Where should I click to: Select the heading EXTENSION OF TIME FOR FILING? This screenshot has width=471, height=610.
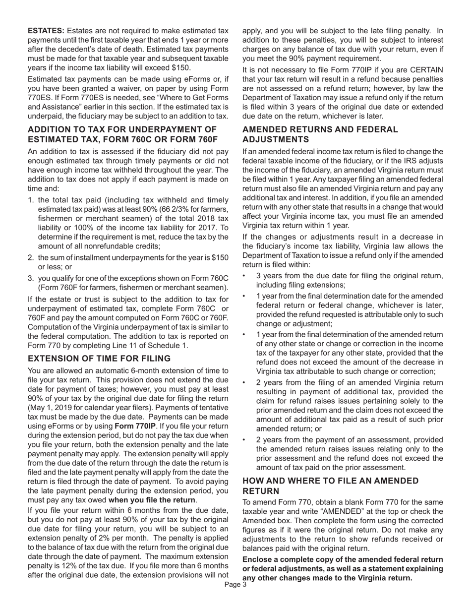[x=99, y=359]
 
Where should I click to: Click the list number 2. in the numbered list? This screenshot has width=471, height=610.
[x=31, y=258]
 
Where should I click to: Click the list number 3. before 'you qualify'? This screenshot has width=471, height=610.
[x=31, y=278]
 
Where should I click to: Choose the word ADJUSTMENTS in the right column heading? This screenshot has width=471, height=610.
[x=274, y=139]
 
